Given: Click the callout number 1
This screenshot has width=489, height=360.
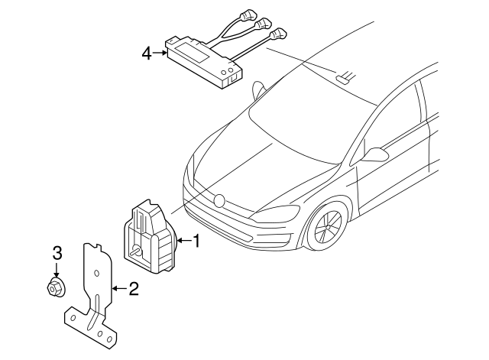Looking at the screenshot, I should pos(196,242).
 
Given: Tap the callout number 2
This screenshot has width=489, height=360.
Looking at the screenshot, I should pos(133,288).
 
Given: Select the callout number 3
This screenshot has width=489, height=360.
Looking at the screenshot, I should pos(57,253).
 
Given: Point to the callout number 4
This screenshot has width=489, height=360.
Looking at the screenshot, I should pos(147,53).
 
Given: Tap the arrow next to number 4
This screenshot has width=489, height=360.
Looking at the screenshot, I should pos(160,53).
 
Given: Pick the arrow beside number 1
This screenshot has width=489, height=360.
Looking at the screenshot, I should pos(182,242).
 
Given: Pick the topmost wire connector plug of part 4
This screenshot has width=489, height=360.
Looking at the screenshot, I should pos(250,14).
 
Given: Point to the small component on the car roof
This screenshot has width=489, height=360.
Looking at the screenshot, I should pos(344,76).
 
